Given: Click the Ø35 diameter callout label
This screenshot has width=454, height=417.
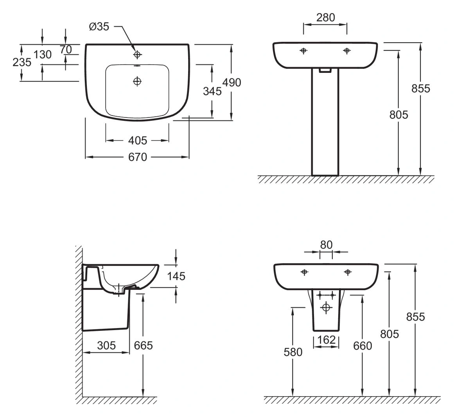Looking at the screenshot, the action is pyautogui.click(x=99, y=27).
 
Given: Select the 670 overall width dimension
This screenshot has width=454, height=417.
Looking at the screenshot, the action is pyautogui.click(x=138, y=157).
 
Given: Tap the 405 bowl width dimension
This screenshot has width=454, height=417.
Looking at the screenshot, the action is pyautogui.click(x=138, y=141).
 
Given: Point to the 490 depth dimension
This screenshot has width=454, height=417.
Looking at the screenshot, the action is pyautogui.click(x=231, y=83).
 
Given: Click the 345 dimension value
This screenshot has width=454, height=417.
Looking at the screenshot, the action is pyautogui.click(x=212, y=91).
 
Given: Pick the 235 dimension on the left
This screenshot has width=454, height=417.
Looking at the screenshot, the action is pyautogui.click(x=22, y=62).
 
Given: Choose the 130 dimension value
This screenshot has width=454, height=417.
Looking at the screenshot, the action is pyautogui.click(x=42, y=54).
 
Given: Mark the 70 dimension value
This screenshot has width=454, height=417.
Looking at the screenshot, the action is pyautogui.click(x=66, y=50).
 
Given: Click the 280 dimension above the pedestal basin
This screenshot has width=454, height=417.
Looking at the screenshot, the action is pyautogui.click(x=326, y=18).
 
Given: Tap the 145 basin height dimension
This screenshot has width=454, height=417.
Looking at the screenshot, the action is pyautogui.click(x=176, y=276).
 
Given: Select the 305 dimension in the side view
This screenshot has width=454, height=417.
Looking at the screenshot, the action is pyautogui.click(x=106, y=345).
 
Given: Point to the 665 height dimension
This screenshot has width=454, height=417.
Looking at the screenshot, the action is pyautogui.click(x=144, y=345).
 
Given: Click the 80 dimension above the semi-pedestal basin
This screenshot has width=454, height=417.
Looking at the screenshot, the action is pyautogui.click(x=326, y=245).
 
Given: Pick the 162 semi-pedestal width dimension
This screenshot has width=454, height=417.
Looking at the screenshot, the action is pyautogui.click(x=326, y=339).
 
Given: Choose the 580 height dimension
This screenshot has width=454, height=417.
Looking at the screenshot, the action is pyautogui.click(x=293, y=352).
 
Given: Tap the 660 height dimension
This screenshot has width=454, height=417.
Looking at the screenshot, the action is pyautogui.click(x=362, y=346).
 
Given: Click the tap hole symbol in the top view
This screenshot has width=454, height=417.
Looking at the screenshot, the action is pyautogui.click(x=137, y=54).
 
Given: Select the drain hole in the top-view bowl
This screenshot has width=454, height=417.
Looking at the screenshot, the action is pyautogui.click(x=137, y=81).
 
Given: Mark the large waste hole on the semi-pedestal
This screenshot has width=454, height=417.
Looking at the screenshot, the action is pyautogui.click(x=326, y=307).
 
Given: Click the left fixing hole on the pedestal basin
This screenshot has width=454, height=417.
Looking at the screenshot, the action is pyautogui.click(x=303, y=51).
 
